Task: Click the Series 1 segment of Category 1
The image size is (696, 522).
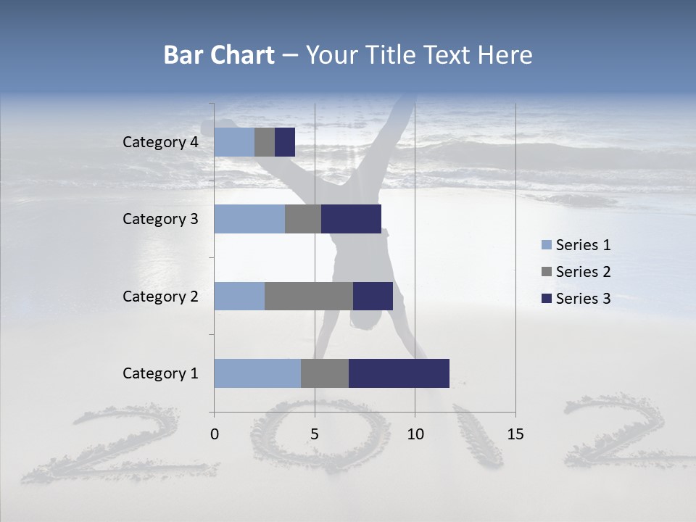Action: (257, 373)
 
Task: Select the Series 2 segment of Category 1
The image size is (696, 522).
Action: (325, 373)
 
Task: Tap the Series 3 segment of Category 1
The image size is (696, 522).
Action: (399, 373)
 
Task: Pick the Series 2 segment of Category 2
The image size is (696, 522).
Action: (309, 296)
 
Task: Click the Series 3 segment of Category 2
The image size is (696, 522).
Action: (373, 296)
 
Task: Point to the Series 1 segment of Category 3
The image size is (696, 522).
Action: (249, 219)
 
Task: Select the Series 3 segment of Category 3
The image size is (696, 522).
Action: (351, 219)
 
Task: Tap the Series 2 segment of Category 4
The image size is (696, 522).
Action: (265, 142)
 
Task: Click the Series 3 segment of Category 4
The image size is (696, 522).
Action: (285, 142)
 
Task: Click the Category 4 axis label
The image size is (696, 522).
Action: (160, 142)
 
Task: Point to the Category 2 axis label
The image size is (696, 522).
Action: (160, 296)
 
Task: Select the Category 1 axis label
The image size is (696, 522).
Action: (160, 373)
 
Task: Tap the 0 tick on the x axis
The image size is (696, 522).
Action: (215, 434)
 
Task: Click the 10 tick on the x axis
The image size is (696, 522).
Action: (415, 434)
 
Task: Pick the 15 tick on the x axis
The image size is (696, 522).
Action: (515, 434)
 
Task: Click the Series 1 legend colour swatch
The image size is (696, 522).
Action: (547, 245)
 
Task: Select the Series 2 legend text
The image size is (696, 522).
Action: (583, 272)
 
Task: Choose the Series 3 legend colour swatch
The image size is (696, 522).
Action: (547, 299)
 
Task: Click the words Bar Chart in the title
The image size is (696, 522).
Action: (219, 55)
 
